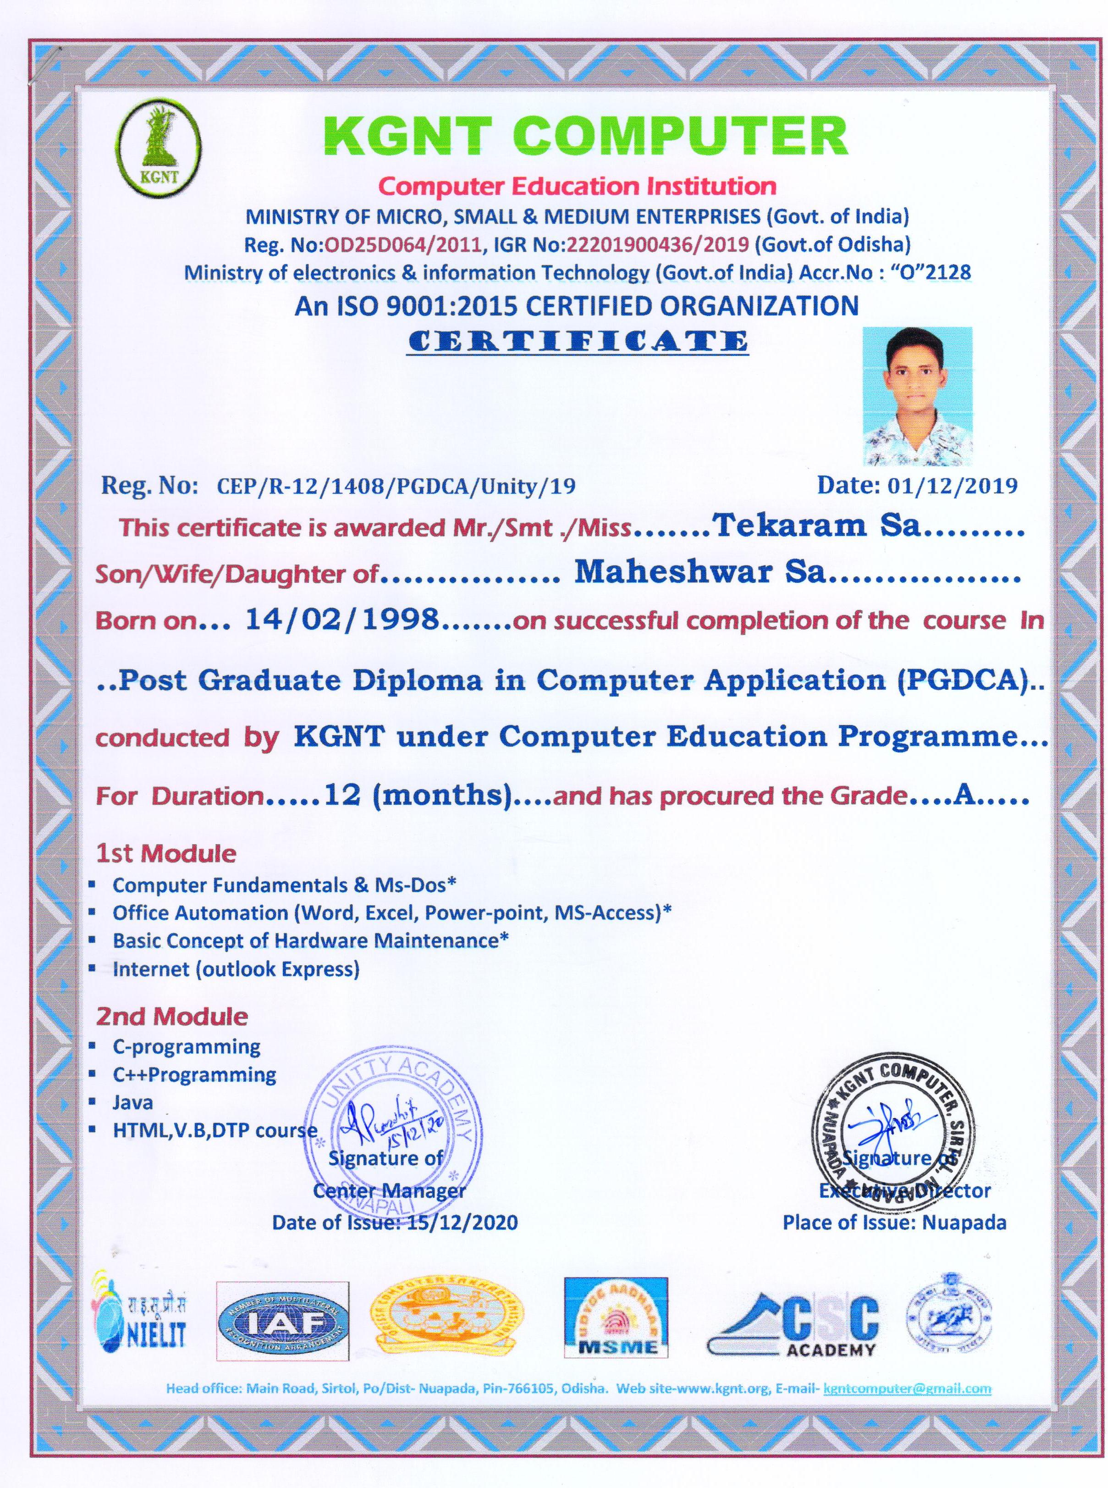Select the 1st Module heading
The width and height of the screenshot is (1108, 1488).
click(x=166, y=854)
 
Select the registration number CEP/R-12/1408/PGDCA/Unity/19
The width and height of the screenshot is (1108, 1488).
click(x=396, y=486)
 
